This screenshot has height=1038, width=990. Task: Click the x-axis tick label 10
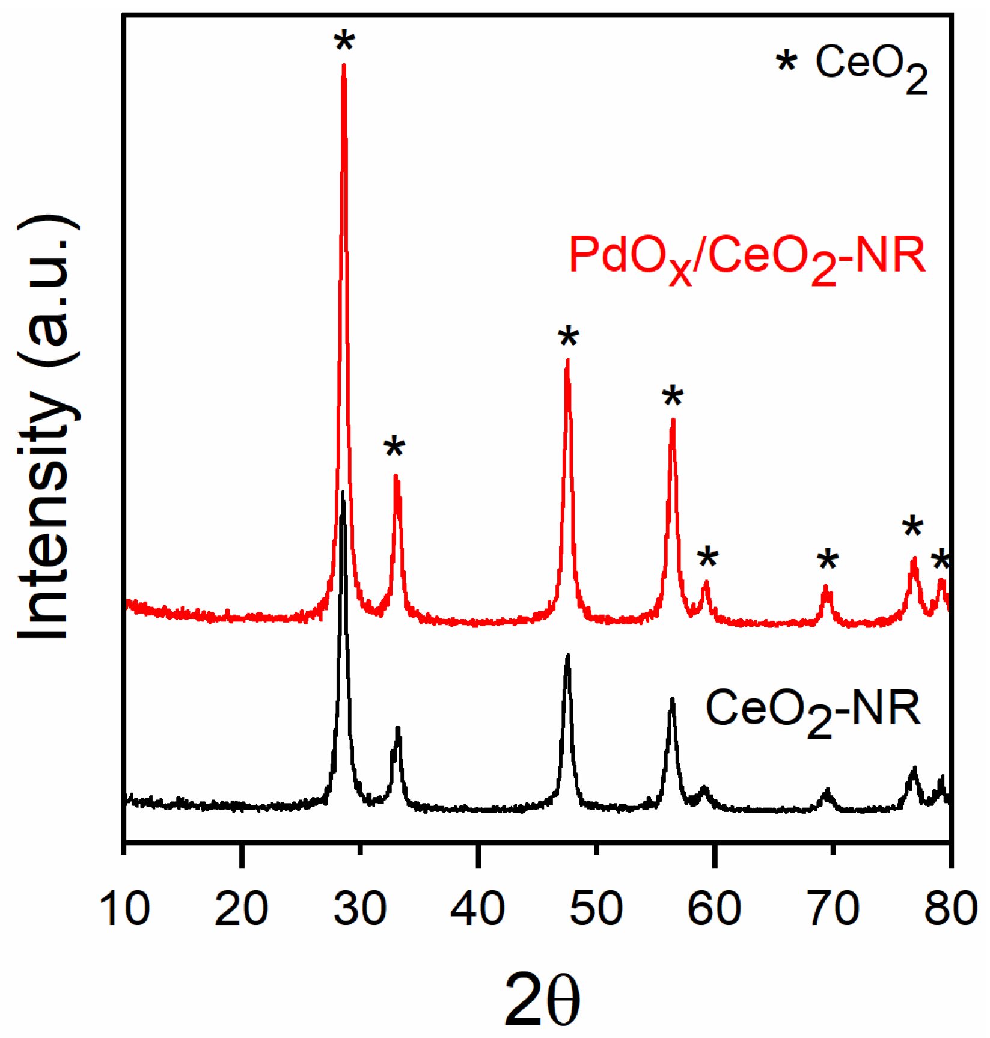[x=124, y=908]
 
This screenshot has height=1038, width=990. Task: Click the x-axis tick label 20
[x=241, y=908]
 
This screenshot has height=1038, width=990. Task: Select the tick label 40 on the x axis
[x=477, y=908]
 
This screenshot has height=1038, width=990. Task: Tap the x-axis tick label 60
[x=713, y=908]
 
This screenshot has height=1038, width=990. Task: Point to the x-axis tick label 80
[x=950, y=908]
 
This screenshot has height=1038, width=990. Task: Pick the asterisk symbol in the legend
[x=787, y=61]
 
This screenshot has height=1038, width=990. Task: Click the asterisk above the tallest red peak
[x=344, y=42]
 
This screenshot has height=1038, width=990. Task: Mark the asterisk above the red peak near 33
[x=394, y=447]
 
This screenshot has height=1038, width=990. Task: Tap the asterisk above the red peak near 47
[x=569, y=337]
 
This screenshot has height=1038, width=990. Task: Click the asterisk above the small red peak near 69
[x=828, y=560]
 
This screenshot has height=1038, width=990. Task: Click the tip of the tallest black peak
[x=343, y=493]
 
